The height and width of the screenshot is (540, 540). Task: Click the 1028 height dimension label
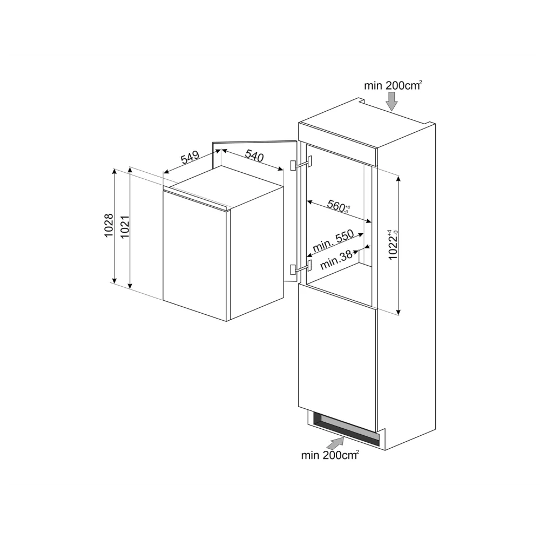pos(109,226)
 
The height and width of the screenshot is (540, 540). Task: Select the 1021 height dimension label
pos(124,226)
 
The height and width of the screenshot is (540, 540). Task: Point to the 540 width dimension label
pos(254,157)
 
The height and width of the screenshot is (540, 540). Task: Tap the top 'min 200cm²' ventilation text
pos(393,85)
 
